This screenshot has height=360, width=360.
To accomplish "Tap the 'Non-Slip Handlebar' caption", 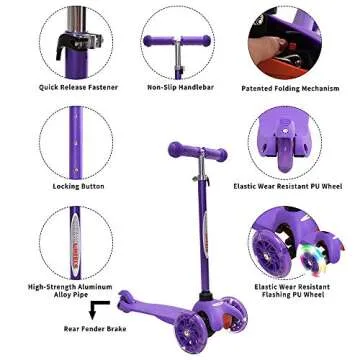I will coord(180,87).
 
